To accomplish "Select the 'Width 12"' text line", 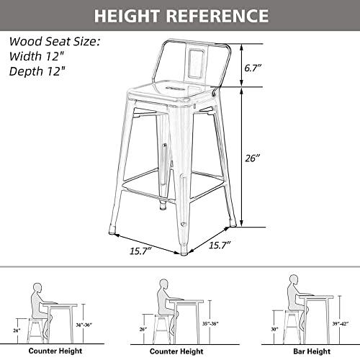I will [37, 55].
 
